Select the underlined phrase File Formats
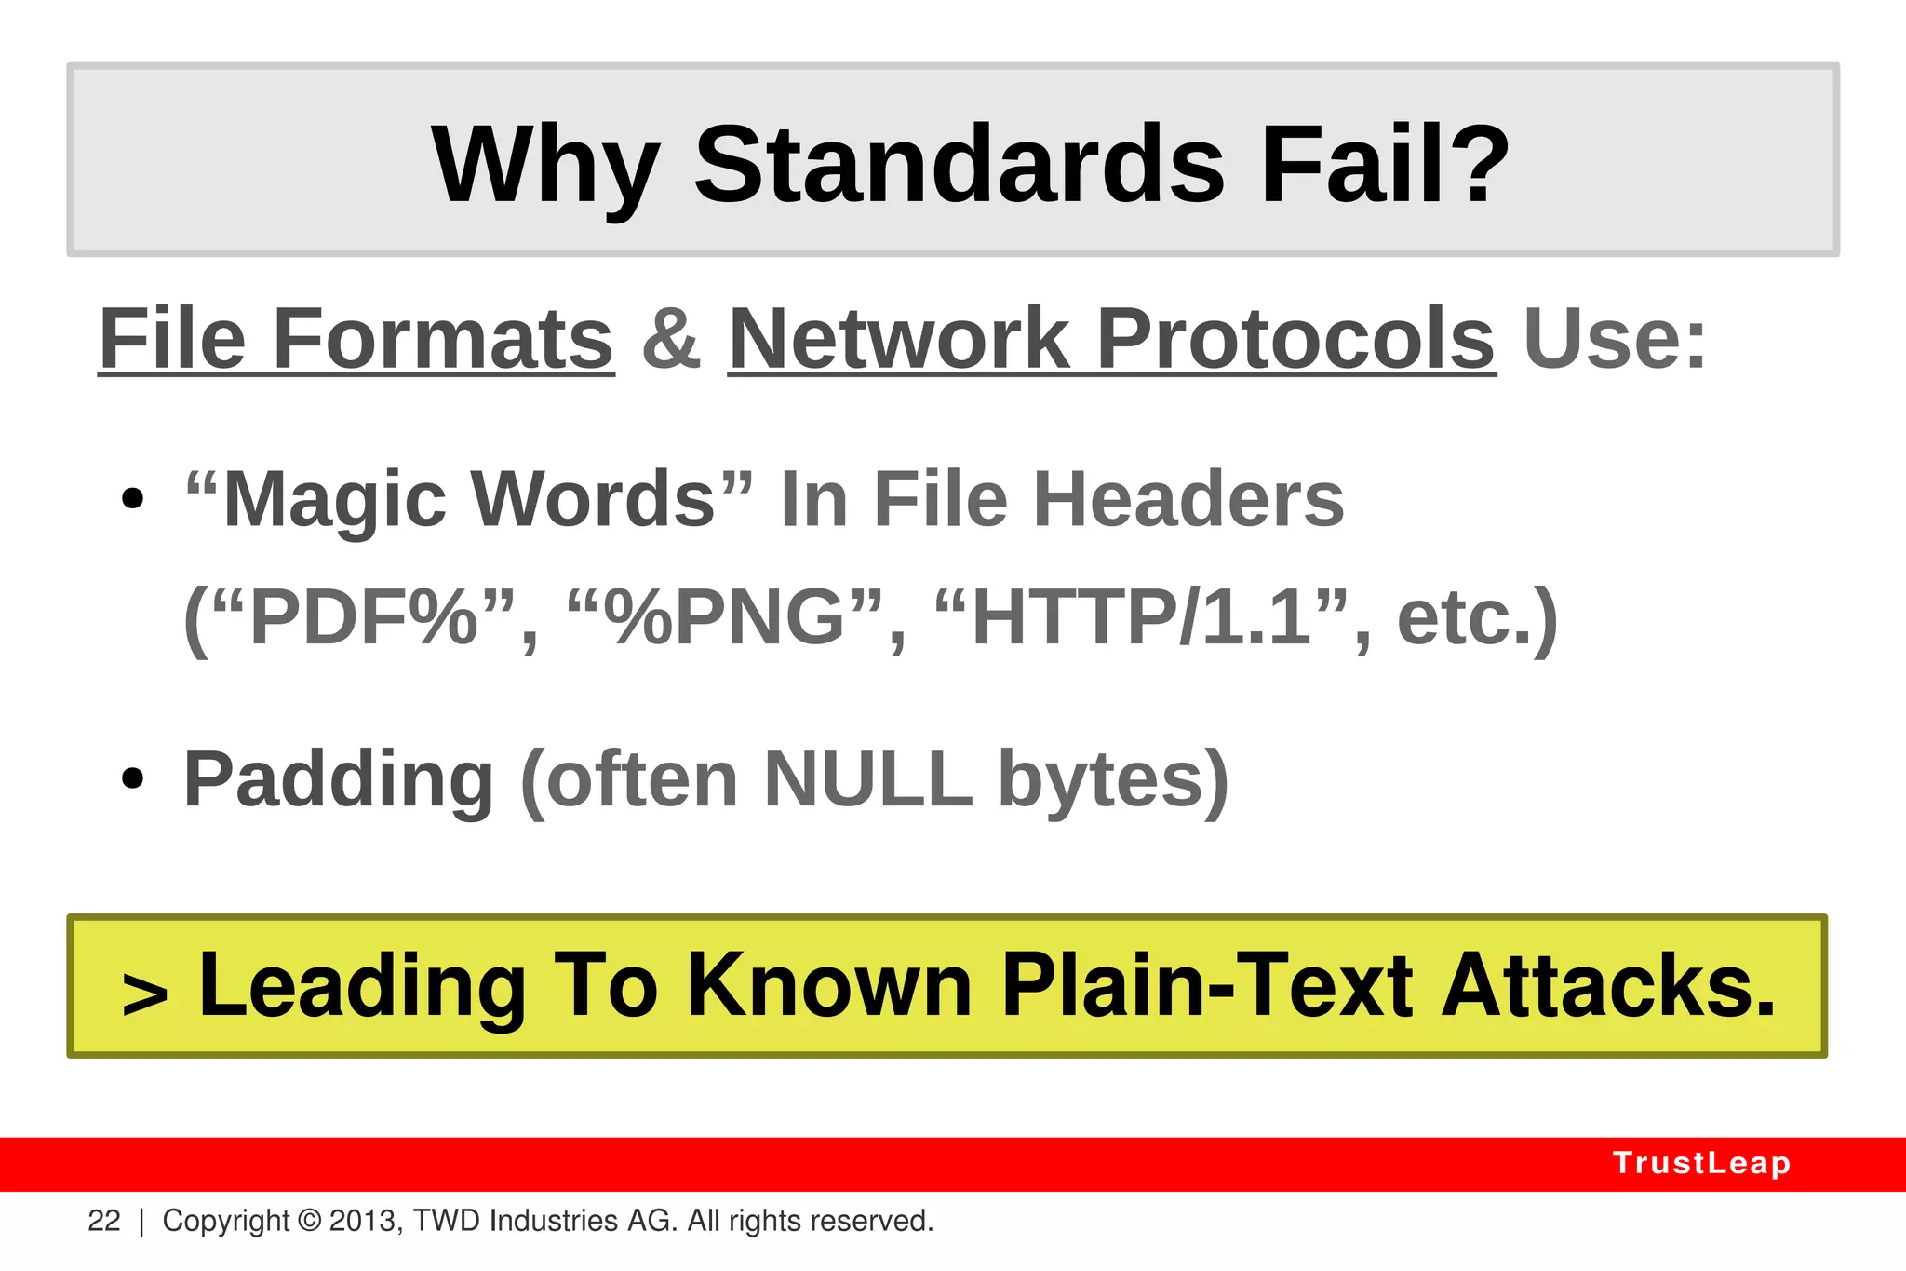pyautogui.click(x=356, y=339)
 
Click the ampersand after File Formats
pyautogui.click(x=670, y=339)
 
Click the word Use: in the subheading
pyautogui.click(x=1615, y=339)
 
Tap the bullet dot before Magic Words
pyautogui.click(x=133, y=499)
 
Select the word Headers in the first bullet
pyautogui.click(x=1188, y=500)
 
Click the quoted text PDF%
pyautogui.click(x=364, y=618)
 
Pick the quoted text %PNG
pyautogui.click(x=724, y=618)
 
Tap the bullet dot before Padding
pyautogui.click(x=133, y=778)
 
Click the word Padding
pyautogui.click(x=339, y=779)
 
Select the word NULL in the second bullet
pyautogui.click(x=867, y=779)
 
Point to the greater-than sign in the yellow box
pyautogui.click(x=145, y=994)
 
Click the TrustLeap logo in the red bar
pyautogui.click(x=1701, y=1163)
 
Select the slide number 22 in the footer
pyautogui.click(x=104, y=1221)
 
